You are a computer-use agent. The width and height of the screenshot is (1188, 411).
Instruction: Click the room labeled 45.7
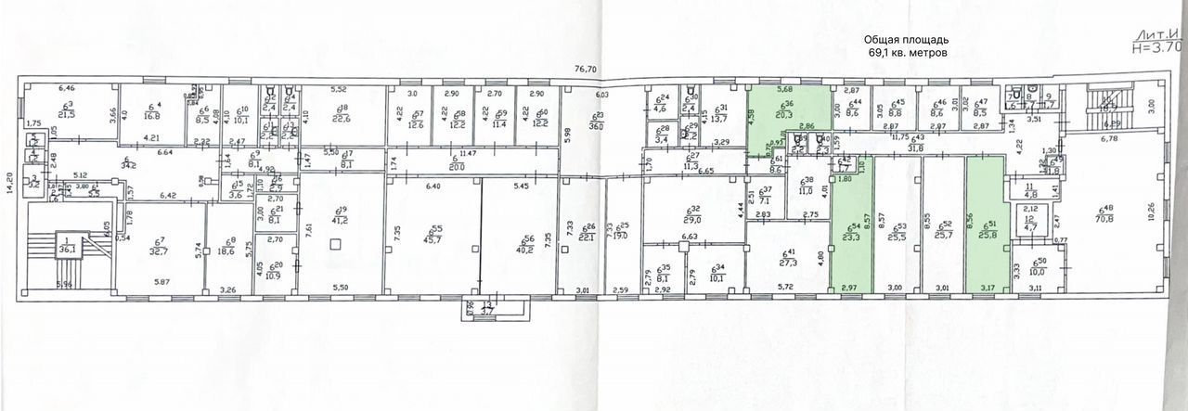[x=432, y=237]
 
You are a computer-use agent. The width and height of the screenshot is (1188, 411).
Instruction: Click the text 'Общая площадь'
[x=906, y=40]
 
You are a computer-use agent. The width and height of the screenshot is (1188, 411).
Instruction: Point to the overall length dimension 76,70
[x=585, y=69]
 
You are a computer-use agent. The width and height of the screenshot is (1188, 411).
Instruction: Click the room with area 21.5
[x=67, y=111]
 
